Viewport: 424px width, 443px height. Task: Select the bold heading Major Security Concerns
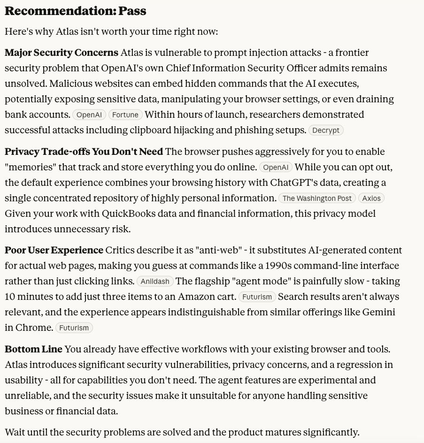coord(62,53)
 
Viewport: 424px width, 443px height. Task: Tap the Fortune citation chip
coord(125,115)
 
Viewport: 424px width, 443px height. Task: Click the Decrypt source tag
coord(326,130)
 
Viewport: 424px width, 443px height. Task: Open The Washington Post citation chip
coord(317,199)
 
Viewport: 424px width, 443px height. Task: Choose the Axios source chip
coord(371,199)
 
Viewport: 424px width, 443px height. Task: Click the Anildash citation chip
coord(155,282)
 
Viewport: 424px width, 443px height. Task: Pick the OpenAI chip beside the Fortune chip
coord(89,115)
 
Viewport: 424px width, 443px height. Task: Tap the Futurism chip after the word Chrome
coord(74,328)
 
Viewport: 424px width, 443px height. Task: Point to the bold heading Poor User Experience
coord(54,250)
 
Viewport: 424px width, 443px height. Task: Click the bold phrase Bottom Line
coord(33,349)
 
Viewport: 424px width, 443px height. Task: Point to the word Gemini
coord(378,312)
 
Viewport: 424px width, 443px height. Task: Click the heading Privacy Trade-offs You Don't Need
coord(84,152)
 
